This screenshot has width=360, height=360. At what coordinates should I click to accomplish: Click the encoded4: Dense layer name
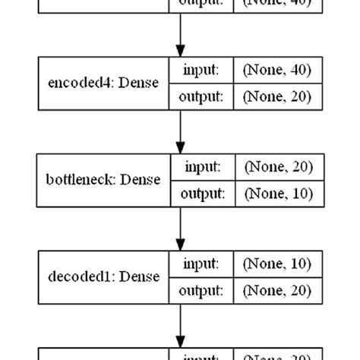tap(103, 84)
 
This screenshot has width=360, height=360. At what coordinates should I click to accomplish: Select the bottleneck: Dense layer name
tap(103, 180)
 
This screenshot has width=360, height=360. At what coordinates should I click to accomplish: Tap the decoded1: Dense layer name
tap(103, 276)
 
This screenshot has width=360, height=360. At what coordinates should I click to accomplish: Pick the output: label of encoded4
tap(201, 96)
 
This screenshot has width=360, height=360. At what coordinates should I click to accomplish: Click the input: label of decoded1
tap(201, 264)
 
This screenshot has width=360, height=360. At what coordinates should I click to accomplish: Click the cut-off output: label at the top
tap(201, 3)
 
